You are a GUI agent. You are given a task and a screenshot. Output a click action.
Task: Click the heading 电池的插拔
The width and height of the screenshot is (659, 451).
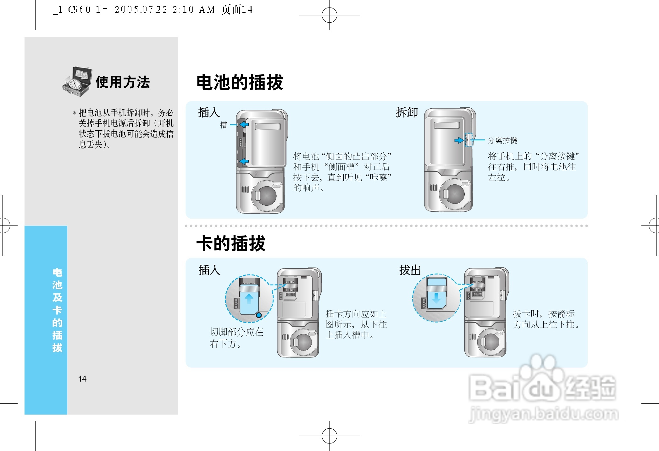click(x=240, y=83)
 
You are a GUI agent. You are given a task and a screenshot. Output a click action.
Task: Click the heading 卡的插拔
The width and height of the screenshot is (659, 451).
click(x=231, y=243)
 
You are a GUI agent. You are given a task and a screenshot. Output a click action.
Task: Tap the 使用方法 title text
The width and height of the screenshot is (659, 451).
click(x=123, y=82)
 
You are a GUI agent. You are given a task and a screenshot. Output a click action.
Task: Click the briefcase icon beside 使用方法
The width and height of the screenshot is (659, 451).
click(x=77, y=81)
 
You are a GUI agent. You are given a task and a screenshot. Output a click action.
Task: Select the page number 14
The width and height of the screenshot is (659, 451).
click(x=82, y=379)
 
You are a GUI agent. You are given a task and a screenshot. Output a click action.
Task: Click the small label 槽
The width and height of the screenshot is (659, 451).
click(x=223, y=125)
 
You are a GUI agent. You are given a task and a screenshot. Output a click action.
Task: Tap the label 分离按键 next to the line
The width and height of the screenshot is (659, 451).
click(x=502, y=140)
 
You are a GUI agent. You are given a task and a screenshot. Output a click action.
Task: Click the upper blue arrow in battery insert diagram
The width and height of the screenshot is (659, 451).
click(x=244, y=125)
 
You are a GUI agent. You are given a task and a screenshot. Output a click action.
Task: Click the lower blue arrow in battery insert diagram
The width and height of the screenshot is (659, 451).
click(x=244, y=161)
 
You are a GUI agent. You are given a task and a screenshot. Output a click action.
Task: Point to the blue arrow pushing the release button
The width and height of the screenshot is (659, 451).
click(x=459, y=140)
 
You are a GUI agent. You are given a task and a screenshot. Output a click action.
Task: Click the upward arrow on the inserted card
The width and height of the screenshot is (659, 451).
click(x=249, y=298)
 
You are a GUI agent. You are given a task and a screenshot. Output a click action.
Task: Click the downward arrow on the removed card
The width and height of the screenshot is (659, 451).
click(x=436, y=298)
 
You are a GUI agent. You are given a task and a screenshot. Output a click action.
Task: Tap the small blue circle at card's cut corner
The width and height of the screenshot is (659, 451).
click(x=259, y=315)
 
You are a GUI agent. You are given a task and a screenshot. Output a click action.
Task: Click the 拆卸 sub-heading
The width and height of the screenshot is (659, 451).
click(x=407, y=112)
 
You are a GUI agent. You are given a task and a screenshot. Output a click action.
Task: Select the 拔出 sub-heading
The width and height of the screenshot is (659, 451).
click(x=410, y=270)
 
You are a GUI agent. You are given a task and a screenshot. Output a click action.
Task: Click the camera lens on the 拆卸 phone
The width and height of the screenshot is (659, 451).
click(x=454, y=194)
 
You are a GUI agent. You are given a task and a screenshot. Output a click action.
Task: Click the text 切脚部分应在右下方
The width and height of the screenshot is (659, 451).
click(x=236, y=338)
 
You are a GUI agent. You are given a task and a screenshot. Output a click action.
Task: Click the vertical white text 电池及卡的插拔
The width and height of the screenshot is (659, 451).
click(x=57, y=310)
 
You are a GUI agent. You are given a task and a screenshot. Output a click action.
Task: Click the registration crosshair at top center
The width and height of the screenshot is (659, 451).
click(x=329, y=15)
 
